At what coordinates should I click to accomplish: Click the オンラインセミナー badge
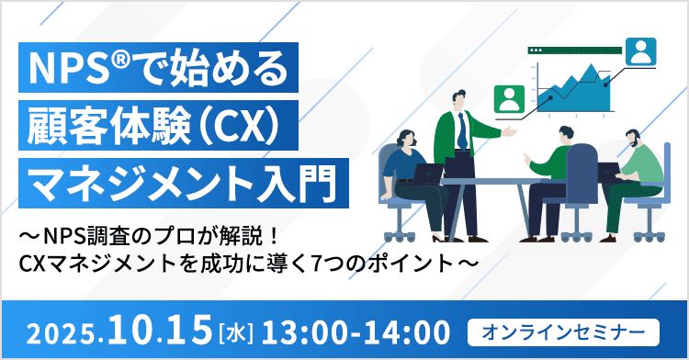tap(562, 328)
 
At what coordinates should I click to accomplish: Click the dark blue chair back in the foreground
tap(581, 171)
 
